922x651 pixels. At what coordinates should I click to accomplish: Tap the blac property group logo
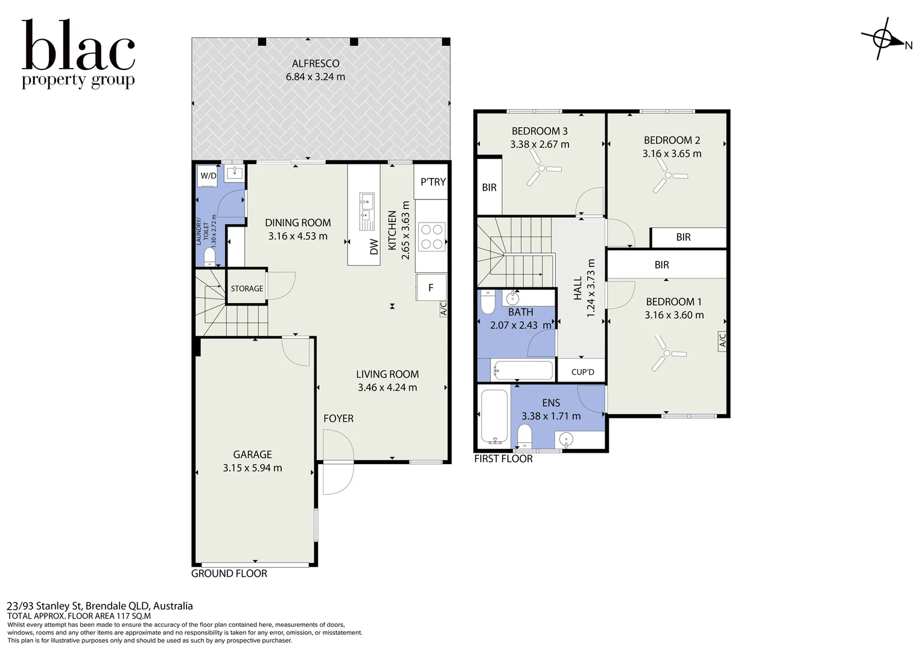pos(78,54)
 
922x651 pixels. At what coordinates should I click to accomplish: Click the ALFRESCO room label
pos(316,64)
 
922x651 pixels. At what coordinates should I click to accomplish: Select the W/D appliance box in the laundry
pos(208,176)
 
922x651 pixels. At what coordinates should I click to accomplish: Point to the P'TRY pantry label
pos(433,182)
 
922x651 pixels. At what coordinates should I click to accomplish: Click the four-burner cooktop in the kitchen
pos(432,237)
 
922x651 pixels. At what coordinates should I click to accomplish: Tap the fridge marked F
pos(431,288)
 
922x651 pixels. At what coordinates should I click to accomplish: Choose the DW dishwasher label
pos(374,247)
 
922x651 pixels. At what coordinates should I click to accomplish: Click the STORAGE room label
pos(247,289)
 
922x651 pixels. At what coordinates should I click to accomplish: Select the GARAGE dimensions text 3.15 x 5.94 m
pos(252,468)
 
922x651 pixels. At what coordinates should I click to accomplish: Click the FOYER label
pos(339,419)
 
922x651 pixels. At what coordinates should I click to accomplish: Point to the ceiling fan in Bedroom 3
pos(541,168)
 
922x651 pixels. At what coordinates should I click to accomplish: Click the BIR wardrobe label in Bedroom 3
pos(489,187)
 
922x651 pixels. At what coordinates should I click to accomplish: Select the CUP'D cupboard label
pos(583,372)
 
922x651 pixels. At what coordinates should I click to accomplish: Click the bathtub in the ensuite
pos(495,417)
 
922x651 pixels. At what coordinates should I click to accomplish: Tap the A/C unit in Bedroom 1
pos(722,341)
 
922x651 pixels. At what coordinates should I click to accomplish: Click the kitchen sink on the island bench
pos(366,212)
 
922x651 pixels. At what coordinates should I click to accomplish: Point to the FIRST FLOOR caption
pos(503,459)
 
